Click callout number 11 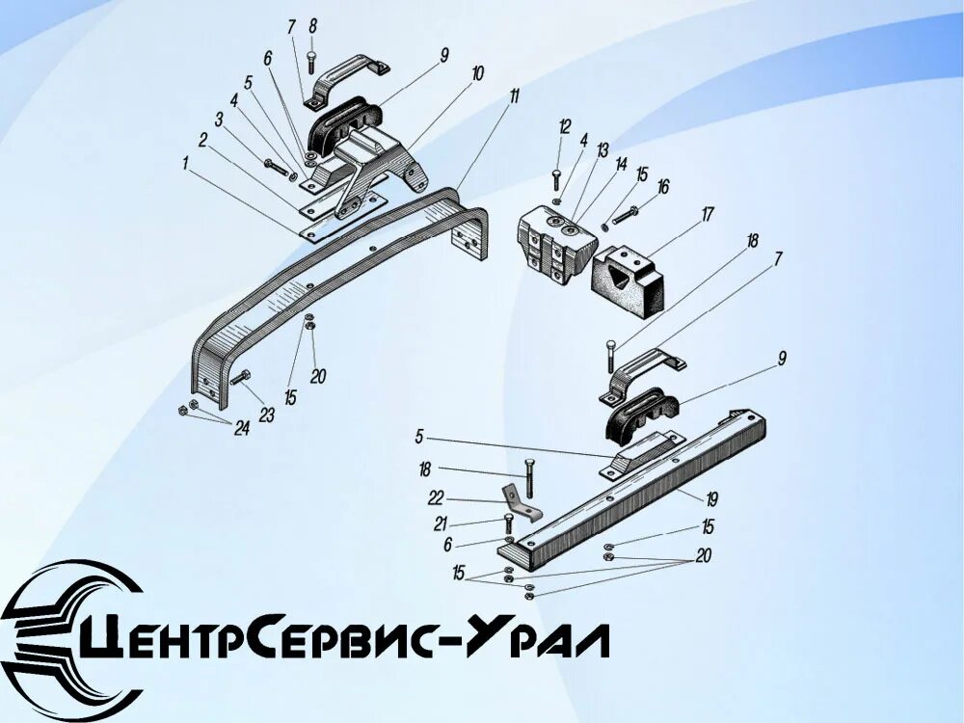click(x=515, y=95)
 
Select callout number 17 click(x=708, y=214)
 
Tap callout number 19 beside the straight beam click(x=711, y=499)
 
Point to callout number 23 click(x=266, y=415)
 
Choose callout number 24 click(x=241, y=428)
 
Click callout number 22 click(x=437, y=497)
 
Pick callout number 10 click(x=478, y=73)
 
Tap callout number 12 click(x=565, y=126)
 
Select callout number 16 click(x=663, y=187)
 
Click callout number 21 click(x=440, y=523)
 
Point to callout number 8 click(x=311, y=26)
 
